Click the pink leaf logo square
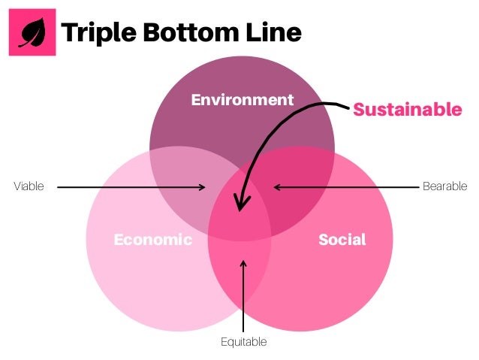32,32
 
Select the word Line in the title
277,32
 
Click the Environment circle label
241,99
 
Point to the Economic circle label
152,240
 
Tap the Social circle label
342,240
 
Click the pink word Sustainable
407,110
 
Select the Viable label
29,186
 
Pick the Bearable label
444,186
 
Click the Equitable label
243,342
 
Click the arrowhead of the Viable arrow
202,186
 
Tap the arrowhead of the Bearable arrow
276,186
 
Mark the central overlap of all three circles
241,214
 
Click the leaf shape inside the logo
32,33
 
